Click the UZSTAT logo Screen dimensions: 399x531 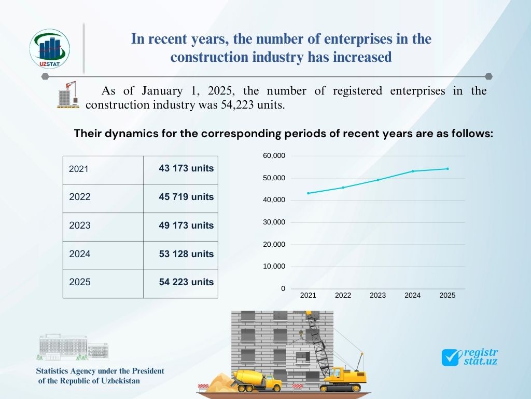50,50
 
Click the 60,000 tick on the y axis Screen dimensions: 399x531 274,156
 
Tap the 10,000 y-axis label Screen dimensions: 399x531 274,267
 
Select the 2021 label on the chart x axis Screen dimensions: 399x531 308,295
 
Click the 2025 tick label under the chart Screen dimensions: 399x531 447,295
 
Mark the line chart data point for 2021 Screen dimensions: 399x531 308,193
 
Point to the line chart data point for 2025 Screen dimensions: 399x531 448,168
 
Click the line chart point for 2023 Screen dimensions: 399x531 378,180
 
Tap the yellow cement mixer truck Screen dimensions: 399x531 257,380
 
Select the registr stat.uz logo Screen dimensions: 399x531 469,356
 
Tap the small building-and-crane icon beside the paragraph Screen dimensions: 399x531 68,95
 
